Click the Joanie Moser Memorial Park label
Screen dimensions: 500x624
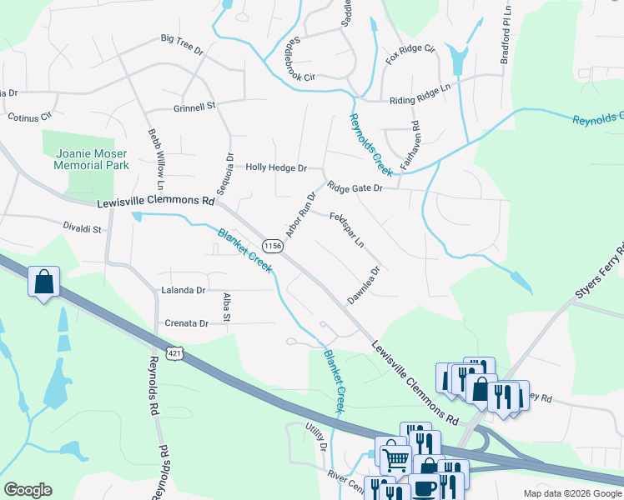[92, 159]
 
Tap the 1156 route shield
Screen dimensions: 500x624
[272, 246]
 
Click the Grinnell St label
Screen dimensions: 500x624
[194, 106]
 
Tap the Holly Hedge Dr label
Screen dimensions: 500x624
[276, 167]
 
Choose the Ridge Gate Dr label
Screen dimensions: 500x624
[355, 188]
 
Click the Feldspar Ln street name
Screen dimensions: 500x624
[347, 231]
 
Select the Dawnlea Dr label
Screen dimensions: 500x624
[364, 286]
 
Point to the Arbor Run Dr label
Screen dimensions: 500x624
[300, 215]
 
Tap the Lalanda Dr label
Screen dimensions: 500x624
[183, 290]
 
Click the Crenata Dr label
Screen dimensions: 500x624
[185, 323]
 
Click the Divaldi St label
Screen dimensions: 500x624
[81, 228]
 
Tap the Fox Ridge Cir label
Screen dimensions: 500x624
[410, 56]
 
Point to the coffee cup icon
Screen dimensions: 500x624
[424, 487]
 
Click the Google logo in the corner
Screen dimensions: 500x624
[28, 490]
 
